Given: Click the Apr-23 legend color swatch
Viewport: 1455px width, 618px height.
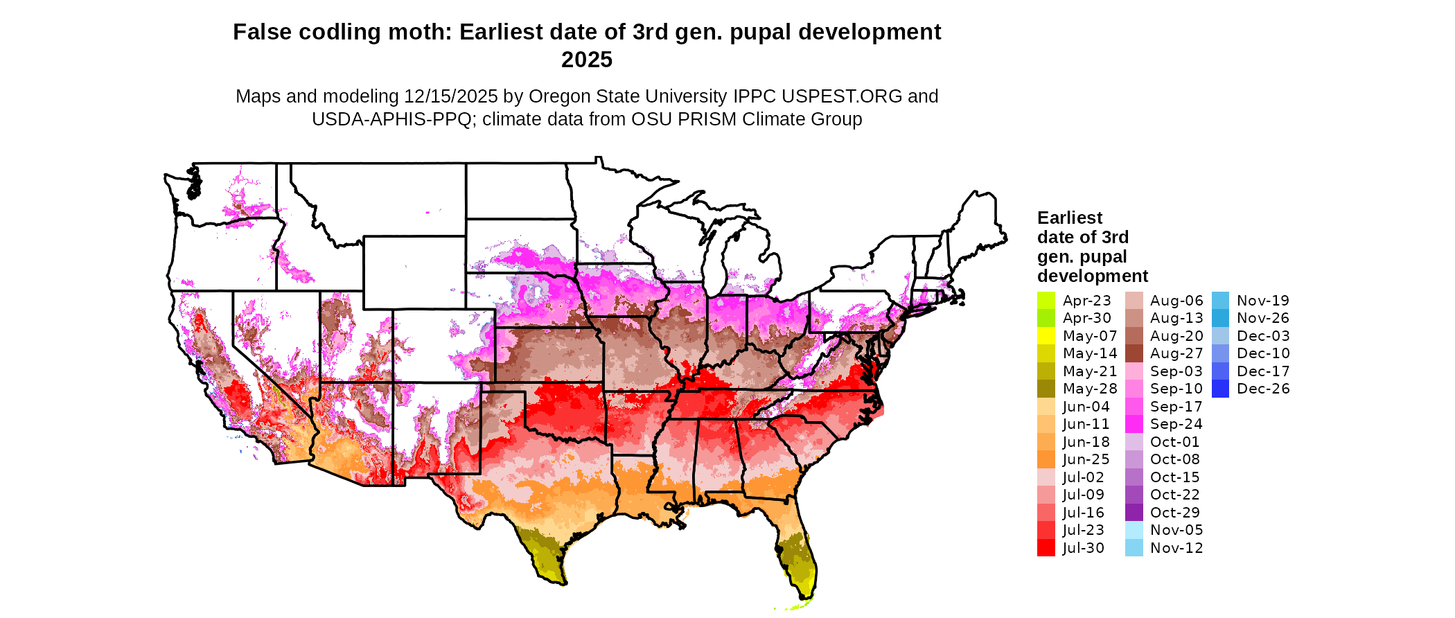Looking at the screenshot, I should (x=1046, y=301).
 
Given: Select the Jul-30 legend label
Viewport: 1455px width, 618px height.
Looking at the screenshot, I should (x=1083, y=548).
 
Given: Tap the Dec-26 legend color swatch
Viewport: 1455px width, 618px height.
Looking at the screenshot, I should (x=1220, y=389).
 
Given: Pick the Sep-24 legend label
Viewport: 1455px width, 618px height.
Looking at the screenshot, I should (x=1176, y=424).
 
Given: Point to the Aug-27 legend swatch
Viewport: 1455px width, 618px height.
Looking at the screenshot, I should (x=1134, y=353).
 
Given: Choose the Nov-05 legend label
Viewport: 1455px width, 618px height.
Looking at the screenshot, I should (x=1176, y=530).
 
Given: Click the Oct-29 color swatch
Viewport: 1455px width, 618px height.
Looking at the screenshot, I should (x=1134, y=513).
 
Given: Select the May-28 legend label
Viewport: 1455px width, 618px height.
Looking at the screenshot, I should (x=1089, y=389).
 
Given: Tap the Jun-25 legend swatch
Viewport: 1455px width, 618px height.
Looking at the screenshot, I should (x=1046, y=459).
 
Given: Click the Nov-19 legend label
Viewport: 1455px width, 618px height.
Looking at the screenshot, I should (x=1262, y=301).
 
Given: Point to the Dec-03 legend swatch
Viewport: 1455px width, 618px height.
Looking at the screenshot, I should (x=1220, y=336).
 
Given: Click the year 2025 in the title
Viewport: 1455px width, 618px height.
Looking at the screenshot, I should (x=586, y=60).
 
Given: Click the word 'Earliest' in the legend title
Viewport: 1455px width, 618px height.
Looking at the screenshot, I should (x=1069, y=218).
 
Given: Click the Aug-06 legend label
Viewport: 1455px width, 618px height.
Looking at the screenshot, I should (x=1176, y=301).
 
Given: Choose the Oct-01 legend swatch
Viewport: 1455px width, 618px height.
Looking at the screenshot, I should (x=1134, y=442).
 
